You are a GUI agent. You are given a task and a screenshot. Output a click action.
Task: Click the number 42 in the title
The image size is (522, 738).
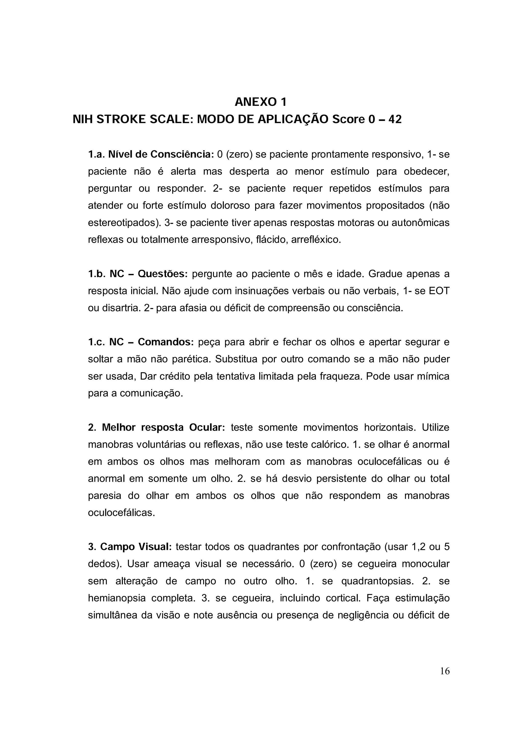coord(395,120)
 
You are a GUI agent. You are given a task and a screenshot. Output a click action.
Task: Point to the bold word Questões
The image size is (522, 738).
coord(163,274)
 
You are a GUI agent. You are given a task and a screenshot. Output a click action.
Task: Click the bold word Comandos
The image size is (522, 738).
coord(165,342)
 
